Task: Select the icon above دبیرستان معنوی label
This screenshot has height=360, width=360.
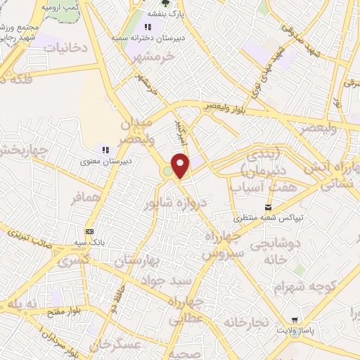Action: click(x=105, y=150)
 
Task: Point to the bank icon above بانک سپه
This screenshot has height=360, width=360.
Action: click(x=89, y=231)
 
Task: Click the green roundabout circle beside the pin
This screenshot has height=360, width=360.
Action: click(x=168, y=172)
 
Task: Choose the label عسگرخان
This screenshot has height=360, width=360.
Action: click(x=116, y=345)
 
